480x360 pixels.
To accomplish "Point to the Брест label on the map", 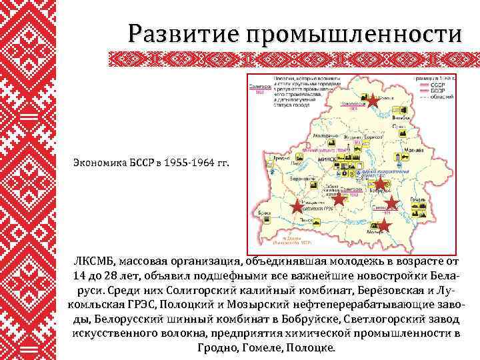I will [265, 213].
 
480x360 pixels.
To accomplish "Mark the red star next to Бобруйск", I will [379, 183].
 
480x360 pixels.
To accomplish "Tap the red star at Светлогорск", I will [391, 203].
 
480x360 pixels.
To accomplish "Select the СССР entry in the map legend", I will [437, 85].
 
